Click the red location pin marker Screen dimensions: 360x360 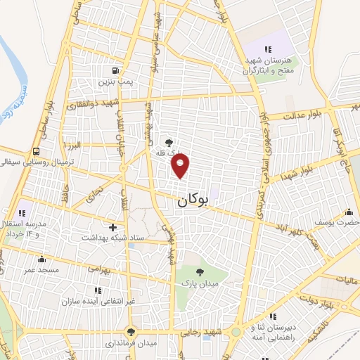pos(181,165)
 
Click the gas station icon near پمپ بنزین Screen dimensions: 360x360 pos(115,70)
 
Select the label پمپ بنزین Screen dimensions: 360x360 pos(115,83)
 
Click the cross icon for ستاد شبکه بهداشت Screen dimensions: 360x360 pos(112,227)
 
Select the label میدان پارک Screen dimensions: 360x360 pos(198,283)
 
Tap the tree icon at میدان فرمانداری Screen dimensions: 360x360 pos(130,332)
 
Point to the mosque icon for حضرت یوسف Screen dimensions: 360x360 pos(348,212)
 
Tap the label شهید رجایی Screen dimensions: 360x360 pos(209,332)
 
